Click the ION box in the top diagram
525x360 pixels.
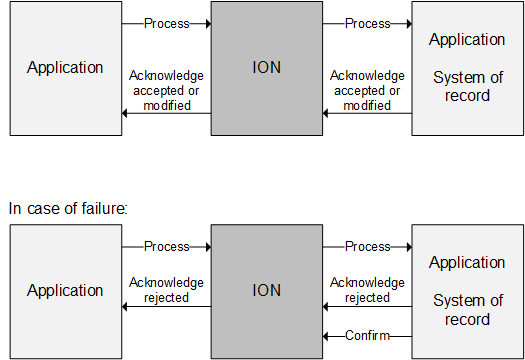pyautogui.click(x=265, y=68)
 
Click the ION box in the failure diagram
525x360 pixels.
pyautogui.click(x=265, y=291)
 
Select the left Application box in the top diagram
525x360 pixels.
pyautogui.click(x=65, y=68)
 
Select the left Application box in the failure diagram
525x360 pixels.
pyautogui.click(x=65, y=291)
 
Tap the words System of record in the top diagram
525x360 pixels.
pyautogui.click(x=467, y=86)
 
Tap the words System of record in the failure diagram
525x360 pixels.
pyautogui.click(x=467, y=309)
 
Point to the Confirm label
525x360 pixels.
pyautogui.click(x=367, y=336)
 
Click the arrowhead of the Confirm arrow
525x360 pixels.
pyautogui.click(x=325, y=336)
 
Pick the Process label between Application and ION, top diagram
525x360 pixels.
pyautogui.click(x=166, y=23)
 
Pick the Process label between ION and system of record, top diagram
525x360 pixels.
pyautogui.click(x=367, y=23)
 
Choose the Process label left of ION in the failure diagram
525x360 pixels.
pyautogui.click(x=166, y=246)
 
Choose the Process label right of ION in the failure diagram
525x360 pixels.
pyautogui.click(x=367, y=246)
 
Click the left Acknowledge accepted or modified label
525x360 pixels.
pyautogui.click(x=166, y=90)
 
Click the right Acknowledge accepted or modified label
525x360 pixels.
pyautogui.click(x=367, y=90)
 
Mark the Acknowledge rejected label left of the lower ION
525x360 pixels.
pyautogui.click(x=166, y=290)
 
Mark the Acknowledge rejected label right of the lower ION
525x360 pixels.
pyautogui.click(x=367, y=290)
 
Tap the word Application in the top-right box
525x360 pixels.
pyautogui.click(x=467, y=40)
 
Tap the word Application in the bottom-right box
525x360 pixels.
pyautogui.click(x=467, y=263)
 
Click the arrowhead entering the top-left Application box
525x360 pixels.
pyautogui.click(x=126, y=113)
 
